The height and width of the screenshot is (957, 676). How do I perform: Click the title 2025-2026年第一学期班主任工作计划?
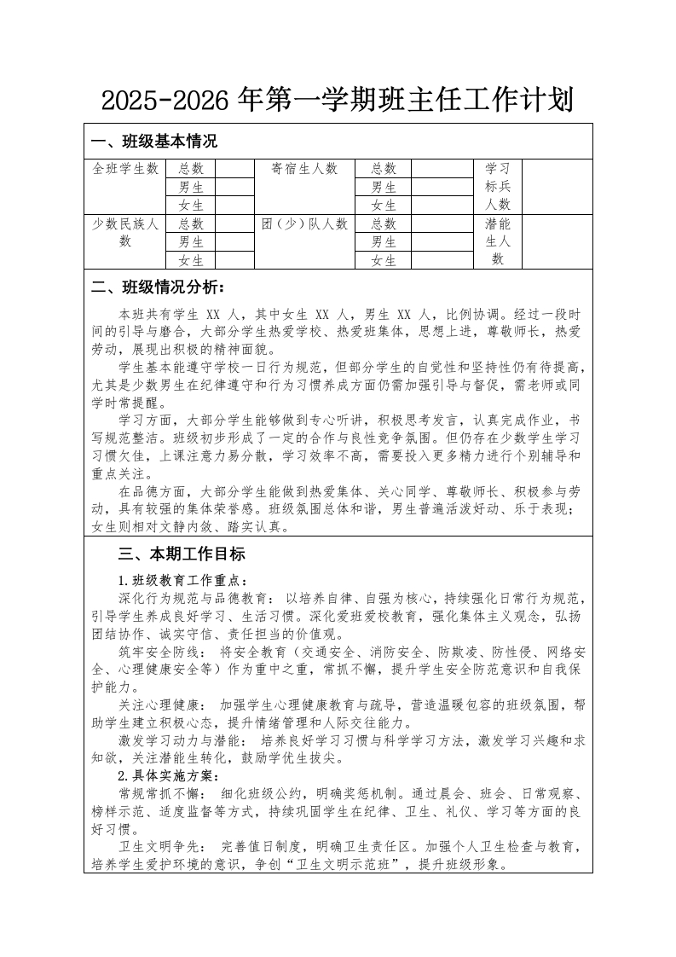pos(338,101)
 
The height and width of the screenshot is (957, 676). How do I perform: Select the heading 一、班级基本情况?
pos(154,142)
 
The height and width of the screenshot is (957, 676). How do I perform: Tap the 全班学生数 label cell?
pos(125,169)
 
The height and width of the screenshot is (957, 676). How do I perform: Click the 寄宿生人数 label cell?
pos(304,169)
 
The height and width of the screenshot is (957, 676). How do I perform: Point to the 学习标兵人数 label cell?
pos(498,187)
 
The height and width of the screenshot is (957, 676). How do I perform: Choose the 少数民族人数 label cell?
pos(125,232)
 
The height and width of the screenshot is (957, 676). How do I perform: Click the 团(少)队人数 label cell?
pos(304,224)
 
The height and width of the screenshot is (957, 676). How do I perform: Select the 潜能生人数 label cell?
pos(498,242)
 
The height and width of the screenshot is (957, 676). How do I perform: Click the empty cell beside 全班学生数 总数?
pos(236,169)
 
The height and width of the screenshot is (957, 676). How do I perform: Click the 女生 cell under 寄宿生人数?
pos(384,206)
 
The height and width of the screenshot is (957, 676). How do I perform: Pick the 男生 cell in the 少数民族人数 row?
pos(191,242)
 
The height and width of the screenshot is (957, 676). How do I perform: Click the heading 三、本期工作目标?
pos(182,554)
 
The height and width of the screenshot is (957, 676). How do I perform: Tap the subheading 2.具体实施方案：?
pos(168,776)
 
